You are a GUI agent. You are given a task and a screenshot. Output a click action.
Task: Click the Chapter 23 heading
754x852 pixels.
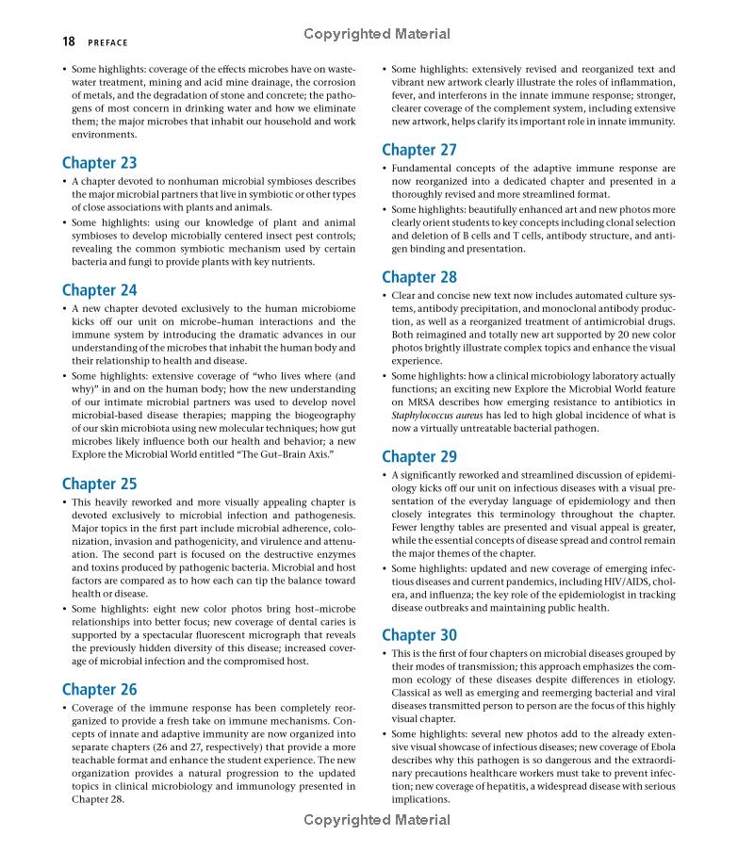tap(99, 162)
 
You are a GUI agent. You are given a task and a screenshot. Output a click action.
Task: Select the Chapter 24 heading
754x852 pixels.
tap(99, 290)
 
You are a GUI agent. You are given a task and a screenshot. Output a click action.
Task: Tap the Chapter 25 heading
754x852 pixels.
tap(99, 483)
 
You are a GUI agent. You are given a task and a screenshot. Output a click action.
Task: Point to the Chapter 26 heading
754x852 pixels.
tap(99, 689)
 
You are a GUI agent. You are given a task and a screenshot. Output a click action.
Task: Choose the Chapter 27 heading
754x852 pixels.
tap(419, 149)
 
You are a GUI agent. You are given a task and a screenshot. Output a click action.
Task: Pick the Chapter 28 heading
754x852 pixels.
tap(419, 277)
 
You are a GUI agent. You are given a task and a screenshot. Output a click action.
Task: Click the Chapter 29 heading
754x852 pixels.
tap(419, 456)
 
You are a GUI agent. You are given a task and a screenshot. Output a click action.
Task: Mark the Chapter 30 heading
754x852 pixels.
tap(419, 635)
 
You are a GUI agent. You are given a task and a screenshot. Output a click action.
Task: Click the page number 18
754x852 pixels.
tap(69, 41)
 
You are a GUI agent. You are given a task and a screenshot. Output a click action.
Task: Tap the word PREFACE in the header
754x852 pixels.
tap(107, 42)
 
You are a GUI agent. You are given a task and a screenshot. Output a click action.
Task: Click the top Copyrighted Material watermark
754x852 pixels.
tap(377, 34)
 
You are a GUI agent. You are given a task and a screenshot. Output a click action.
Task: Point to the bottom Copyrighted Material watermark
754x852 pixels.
tap(377, 820)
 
